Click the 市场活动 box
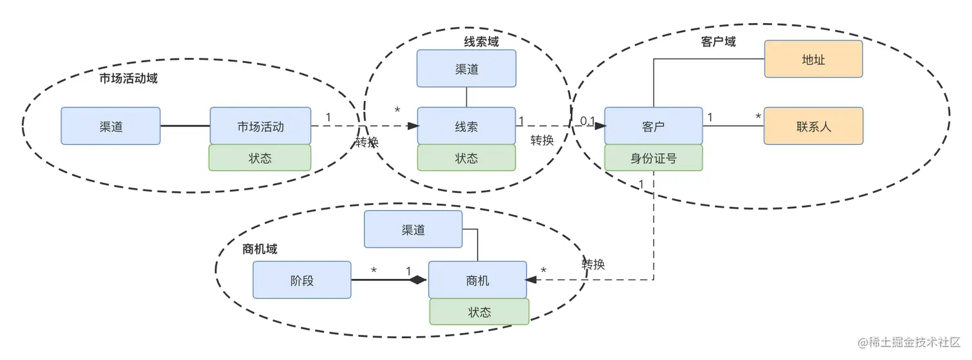[x=260, y=126]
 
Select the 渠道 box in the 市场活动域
[x=111, y=126]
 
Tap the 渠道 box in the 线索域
[x=467, y=69]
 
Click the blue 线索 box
[x=467, y=126]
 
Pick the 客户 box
[x=653, y=126]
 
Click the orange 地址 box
[x=813, y=59]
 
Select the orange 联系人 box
[x=813, y=126]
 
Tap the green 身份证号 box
[x=653, y=158]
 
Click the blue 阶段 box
[x=302, y=280]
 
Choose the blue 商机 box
[x=477, y=280]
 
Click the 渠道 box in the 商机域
[x=413, y=229]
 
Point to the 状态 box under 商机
[x=480, y=312]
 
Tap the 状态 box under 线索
[x=467, y=158]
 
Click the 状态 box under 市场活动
[x=260, y=158]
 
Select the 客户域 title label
[x=718, y=42]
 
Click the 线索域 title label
[x=482, y=42]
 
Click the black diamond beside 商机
[x=419, y=280]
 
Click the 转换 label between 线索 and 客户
[x=542, y=140]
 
